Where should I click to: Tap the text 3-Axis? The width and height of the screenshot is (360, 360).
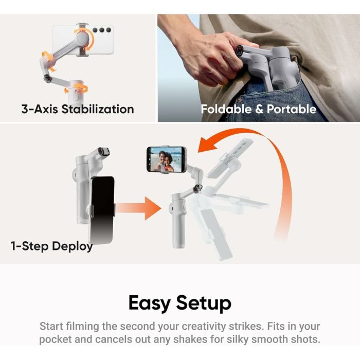click(x=40, y=109)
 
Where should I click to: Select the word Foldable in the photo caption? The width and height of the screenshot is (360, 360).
click(x=225, y=109)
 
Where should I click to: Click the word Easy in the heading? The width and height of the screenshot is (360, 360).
click(x=150, y=303)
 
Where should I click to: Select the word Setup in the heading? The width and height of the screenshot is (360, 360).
click(x=204, y=303)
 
